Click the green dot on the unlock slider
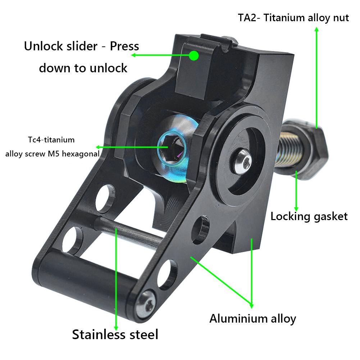194,55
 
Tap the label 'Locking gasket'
309,216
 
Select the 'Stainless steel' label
115,334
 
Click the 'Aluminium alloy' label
252,318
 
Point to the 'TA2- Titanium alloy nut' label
293,18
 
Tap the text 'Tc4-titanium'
51,139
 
